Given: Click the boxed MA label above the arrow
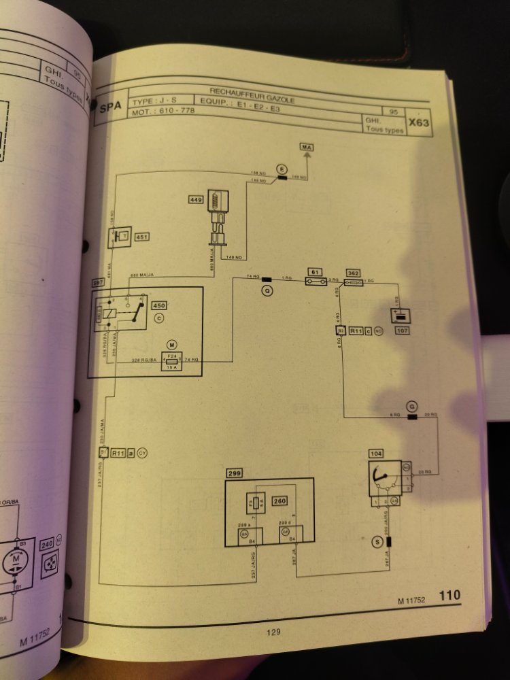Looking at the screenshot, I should click(x=307, y=148).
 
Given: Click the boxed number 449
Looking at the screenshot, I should click(x=197, y=200).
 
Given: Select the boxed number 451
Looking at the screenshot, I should click(x=142, y=237).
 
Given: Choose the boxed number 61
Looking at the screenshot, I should click(x=314, y=271).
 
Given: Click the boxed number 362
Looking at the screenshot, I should click(x=354, y=271).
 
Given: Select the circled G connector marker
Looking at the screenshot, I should click(x=411, y=406).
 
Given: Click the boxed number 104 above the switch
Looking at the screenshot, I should click(x=376, y=453).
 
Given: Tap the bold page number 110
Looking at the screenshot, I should click(x=449, y=596).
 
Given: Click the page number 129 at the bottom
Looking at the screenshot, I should click(x=273, y=632).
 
